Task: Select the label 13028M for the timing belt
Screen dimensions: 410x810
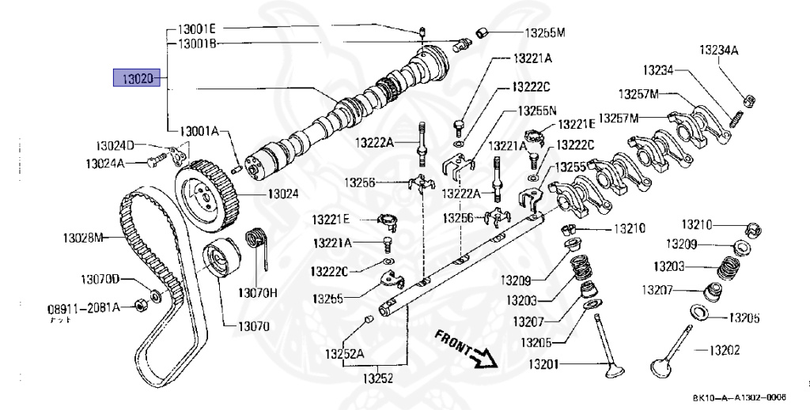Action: coord(84,236)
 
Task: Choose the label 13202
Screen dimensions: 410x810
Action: coord(723,349)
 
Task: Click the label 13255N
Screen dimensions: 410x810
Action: coord(538,111)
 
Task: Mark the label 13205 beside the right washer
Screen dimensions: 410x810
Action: coord(744,318)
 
